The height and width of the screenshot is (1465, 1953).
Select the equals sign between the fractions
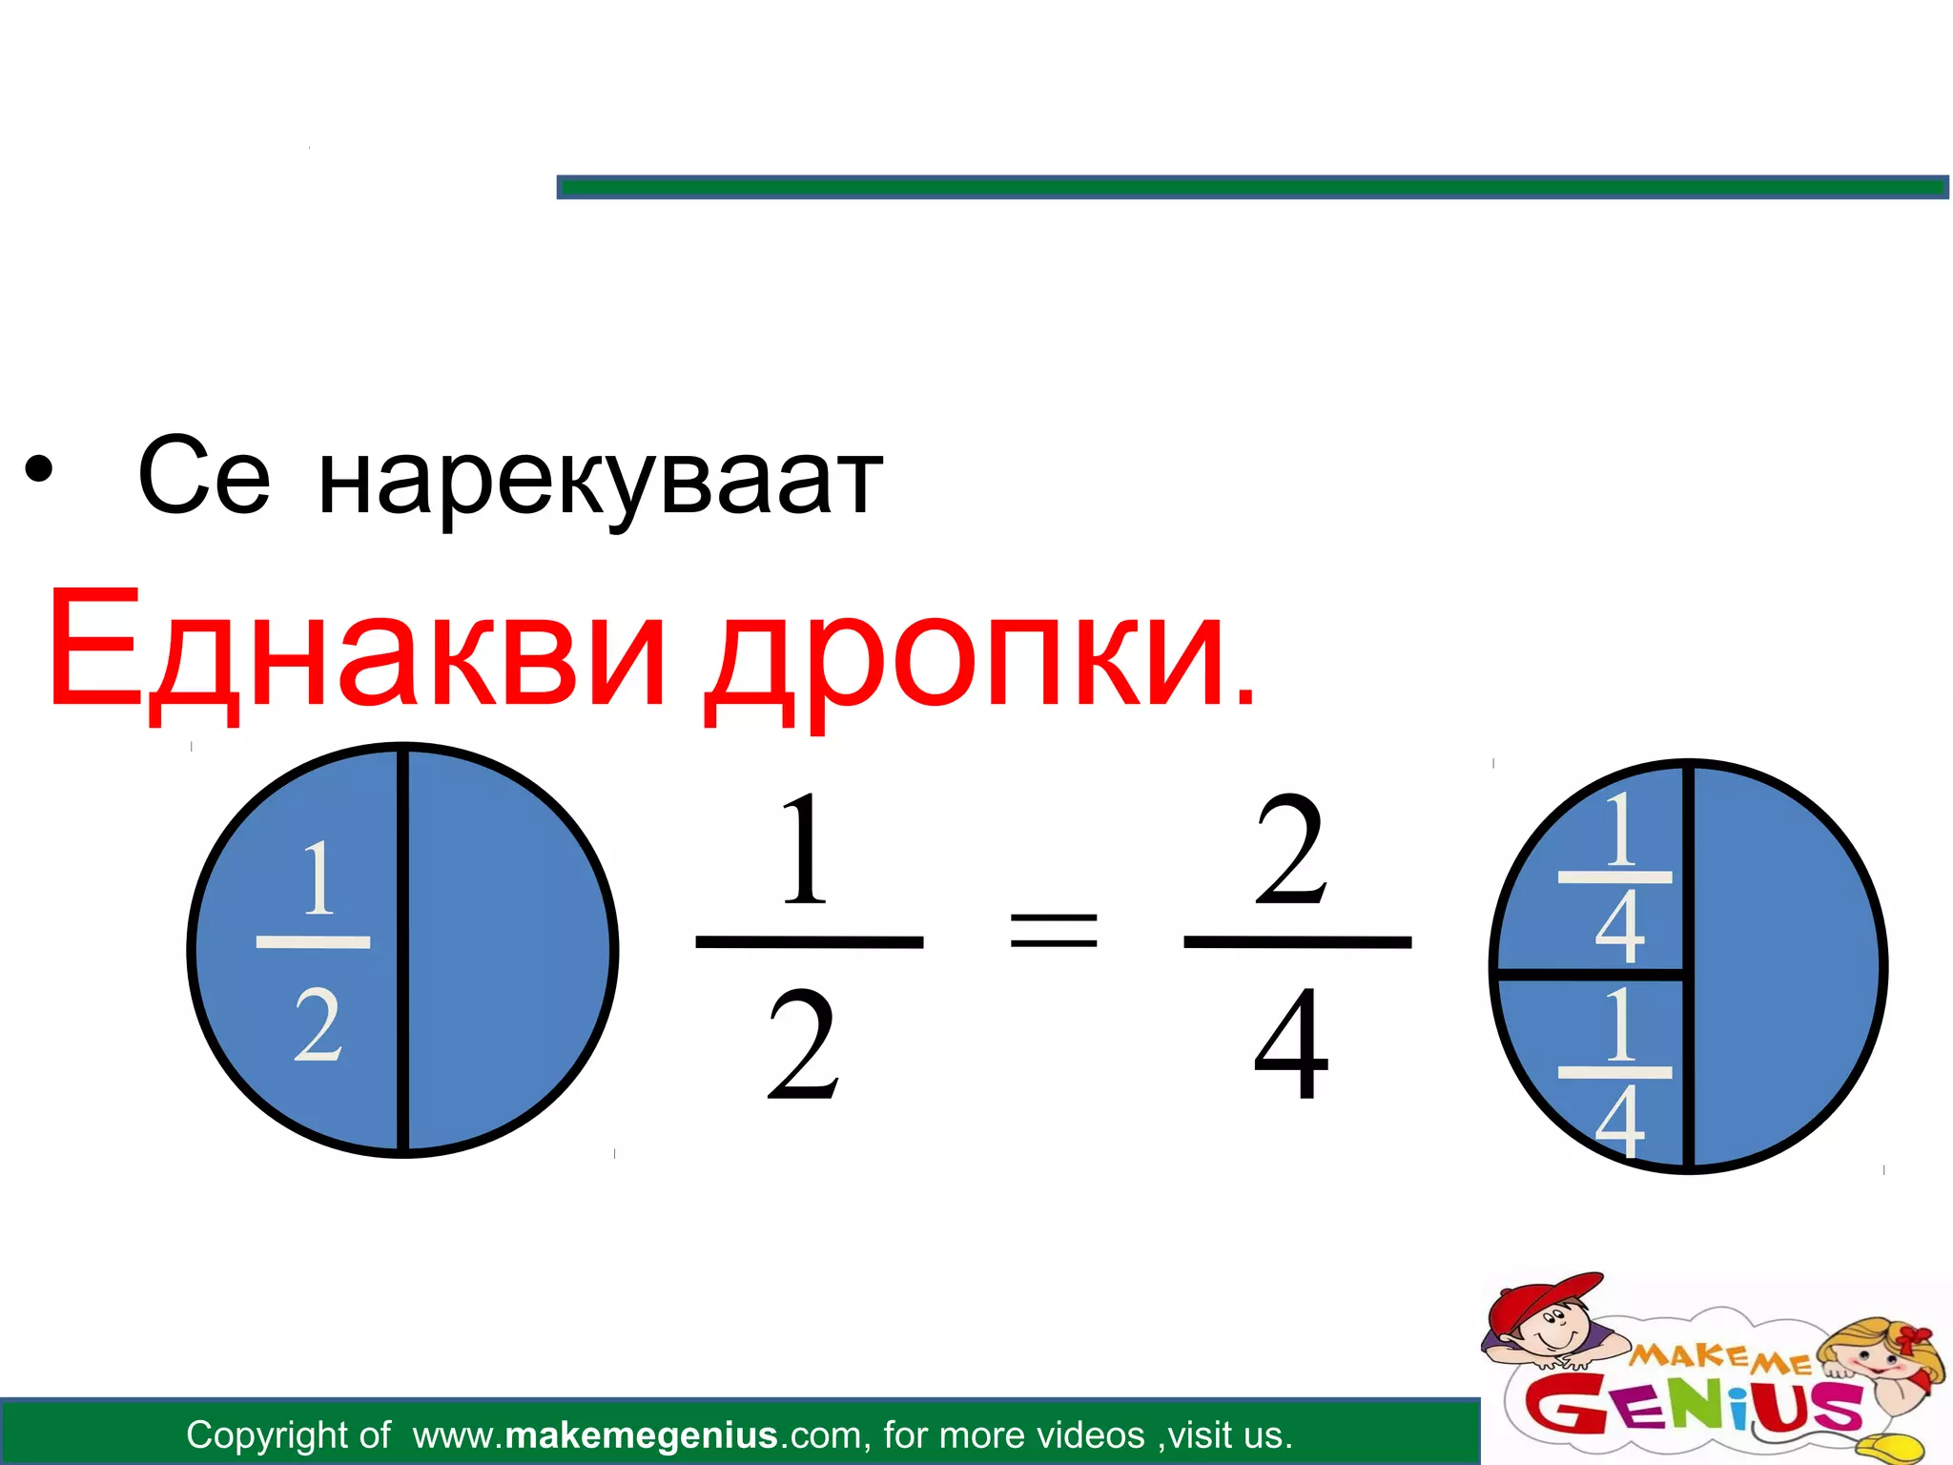coord(1053,931)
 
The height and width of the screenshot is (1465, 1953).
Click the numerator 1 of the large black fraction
coord(804,849)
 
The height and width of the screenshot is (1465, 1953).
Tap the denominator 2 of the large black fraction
coord(803,1044)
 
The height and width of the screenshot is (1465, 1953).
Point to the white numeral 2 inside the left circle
coord(318,1025)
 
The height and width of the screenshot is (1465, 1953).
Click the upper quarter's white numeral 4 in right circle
coord(1619,926)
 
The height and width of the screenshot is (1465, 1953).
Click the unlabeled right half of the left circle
coord(505,949)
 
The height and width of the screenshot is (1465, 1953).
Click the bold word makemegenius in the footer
coord(641,1434)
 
